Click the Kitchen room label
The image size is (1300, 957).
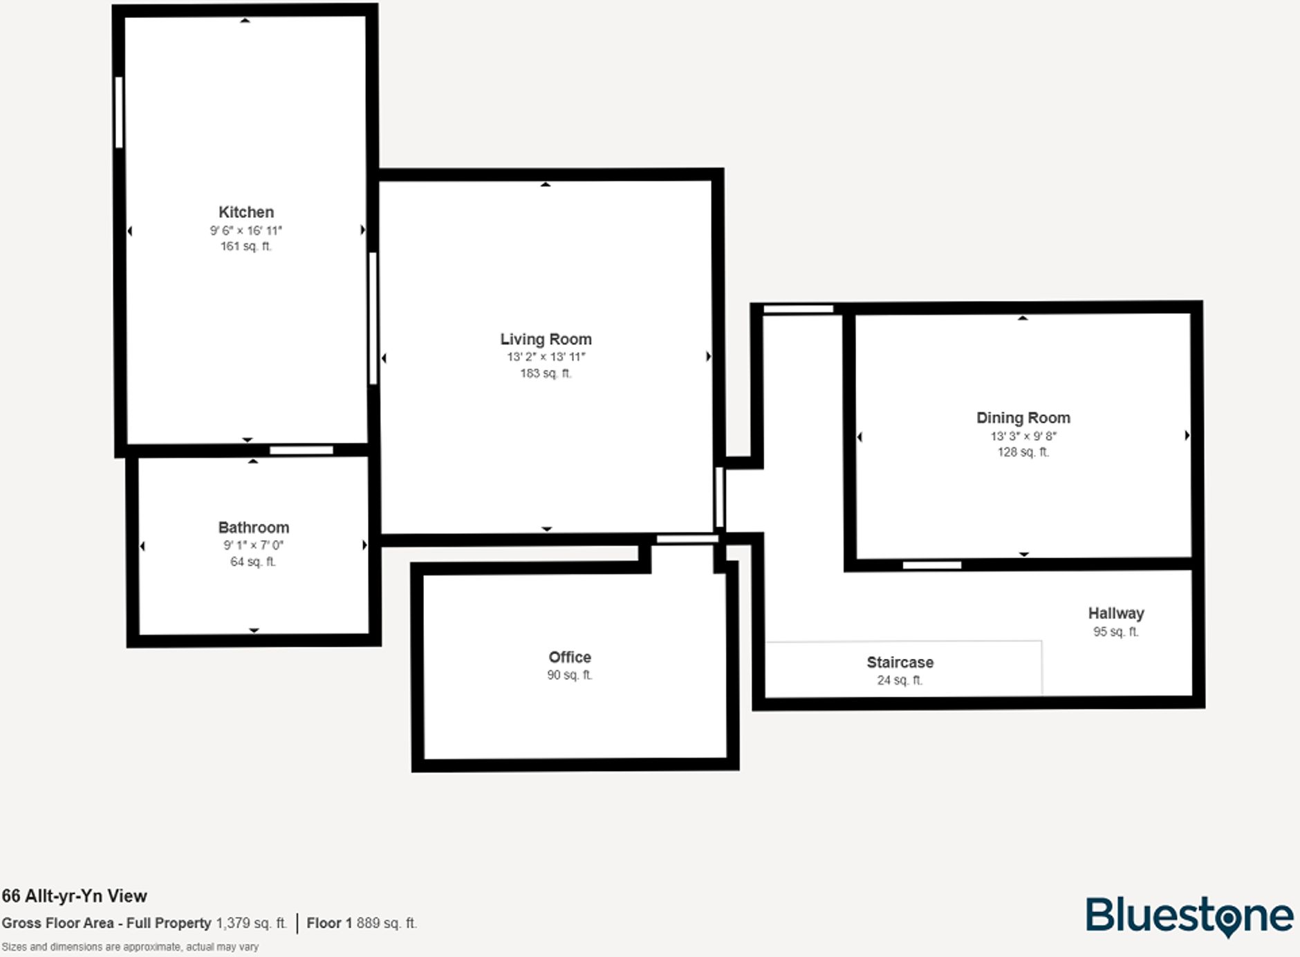click(x=246, y=212)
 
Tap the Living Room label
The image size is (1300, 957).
click(x=546, y=340)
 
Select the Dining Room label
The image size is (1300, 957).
click(x=1023, y=418)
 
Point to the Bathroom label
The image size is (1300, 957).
click(x=253, y=528)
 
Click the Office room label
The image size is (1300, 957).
click(x=570, y=657)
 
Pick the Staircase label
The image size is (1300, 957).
click(x=900, y=662)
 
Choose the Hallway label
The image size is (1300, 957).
click(x=1115, y=613)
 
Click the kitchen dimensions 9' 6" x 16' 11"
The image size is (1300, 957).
click(x=246, y=230)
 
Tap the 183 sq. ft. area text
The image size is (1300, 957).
click(x=546, y=373)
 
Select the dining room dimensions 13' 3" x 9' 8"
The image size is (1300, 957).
click(x=1023, y=436)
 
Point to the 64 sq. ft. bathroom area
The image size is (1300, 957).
click(x=253, y=561)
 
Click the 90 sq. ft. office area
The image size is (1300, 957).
click(x=570, y=675)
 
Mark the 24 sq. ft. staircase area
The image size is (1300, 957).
click(x=900, y=680)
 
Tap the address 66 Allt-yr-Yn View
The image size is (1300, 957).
click(x=75, y=896)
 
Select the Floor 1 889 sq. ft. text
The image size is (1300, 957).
click(x=362, y=923)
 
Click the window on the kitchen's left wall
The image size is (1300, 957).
click(x=119, y=112)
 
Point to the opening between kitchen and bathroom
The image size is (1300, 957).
click(x=301, y=451)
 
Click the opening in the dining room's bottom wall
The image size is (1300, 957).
click(x=931, y=566)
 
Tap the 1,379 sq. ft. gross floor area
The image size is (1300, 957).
click(x=251, y=923)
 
